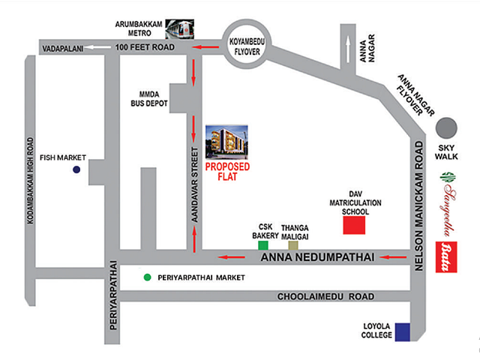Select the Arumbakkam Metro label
[138, 28]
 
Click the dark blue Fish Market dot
[76, 171]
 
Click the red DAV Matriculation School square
[355, 224]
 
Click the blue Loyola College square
[403, 331]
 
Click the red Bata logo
[448, 248]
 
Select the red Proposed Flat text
[227, 172]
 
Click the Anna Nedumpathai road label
[317, 258]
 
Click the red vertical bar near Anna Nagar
[348, 46]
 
